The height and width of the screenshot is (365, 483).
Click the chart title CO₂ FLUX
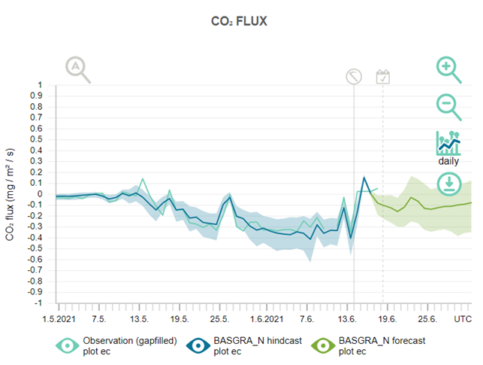tap(239, 21)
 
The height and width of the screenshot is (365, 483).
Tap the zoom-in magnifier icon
tap(449, 70)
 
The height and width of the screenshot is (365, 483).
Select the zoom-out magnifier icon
tap(449, 106)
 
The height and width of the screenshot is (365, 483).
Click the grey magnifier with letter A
tap(77, 69)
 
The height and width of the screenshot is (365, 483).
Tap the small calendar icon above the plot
tap(383, 76)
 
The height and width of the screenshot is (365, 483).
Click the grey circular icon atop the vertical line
tap(354, 76)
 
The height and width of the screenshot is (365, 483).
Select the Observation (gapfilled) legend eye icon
tap(68, 345)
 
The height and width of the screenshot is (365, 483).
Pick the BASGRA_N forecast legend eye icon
tap(325, 345)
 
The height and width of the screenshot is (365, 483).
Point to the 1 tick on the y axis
tap(41, 85)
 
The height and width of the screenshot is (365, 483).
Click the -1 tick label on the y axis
tap(39, 304)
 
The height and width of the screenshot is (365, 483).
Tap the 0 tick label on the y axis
tap(41, 194)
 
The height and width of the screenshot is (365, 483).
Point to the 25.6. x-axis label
tap(427, 318)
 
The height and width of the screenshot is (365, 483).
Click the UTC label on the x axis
tap(462, 318)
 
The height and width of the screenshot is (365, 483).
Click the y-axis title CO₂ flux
tap(10, 194)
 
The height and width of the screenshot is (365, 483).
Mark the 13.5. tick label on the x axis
tap(139, 318)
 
